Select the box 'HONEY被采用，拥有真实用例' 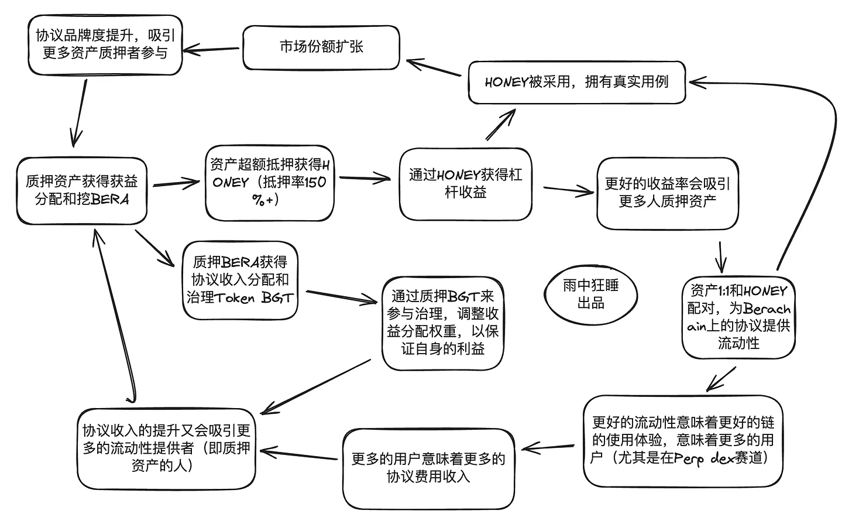576,83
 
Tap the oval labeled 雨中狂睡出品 590,294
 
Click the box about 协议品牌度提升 105,44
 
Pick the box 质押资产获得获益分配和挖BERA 81,191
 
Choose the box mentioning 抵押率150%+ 269,183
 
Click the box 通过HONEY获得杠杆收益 465,184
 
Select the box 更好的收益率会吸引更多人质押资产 667,193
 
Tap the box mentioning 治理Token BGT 240,280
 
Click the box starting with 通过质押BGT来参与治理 442,323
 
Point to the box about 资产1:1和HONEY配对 738,317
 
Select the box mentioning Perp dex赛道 682,440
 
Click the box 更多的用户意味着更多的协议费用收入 428,468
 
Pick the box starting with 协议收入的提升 166,448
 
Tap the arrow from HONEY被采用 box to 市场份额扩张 434,67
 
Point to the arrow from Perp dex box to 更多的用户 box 550,448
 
